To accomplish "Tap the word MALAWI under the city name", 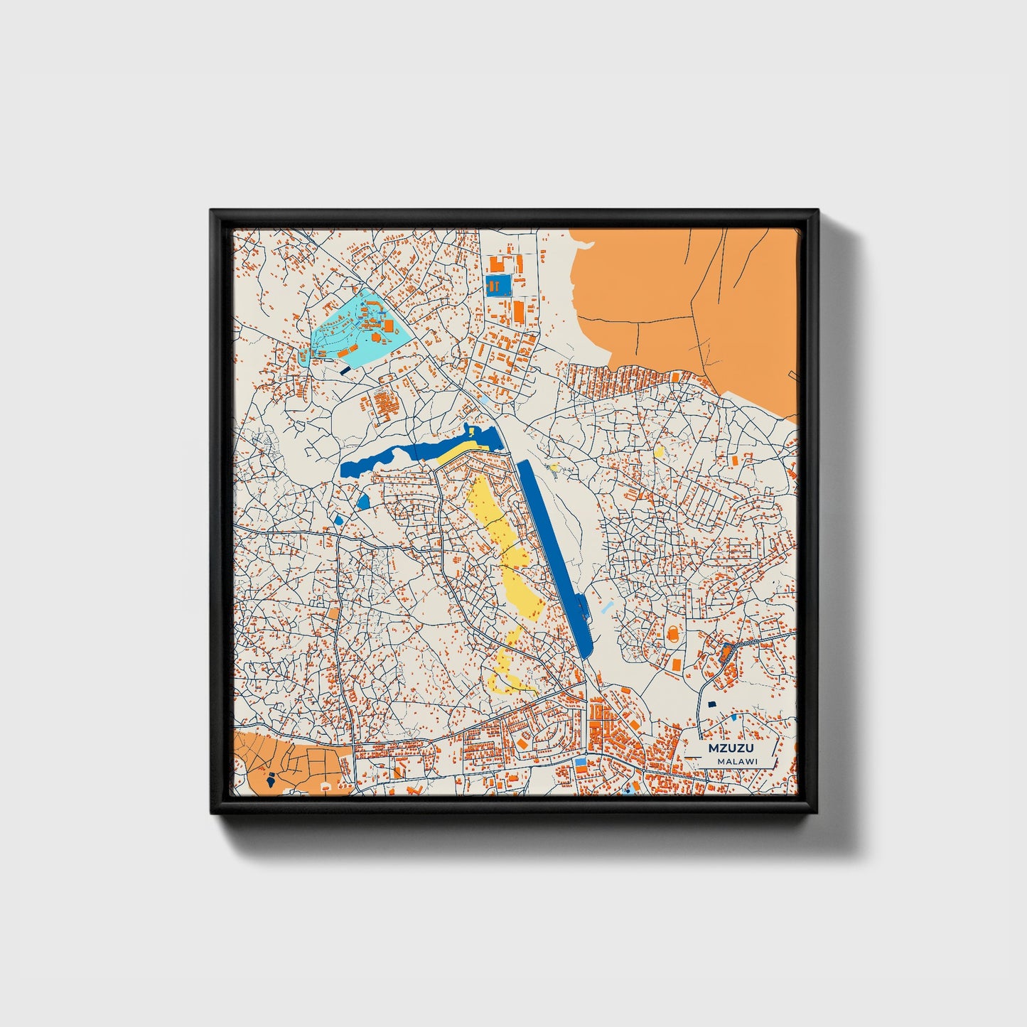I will click(737, 761).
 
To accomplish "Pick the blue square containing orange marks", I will click(498, 286).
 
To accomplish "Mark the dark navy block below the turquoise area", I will click(345, 370).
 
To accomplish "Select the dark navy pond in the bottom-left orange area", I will click(272, 778).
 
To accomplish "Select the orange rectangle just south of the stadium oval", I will click(675, 663).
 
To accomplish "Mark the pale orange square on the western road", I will click(334, 613).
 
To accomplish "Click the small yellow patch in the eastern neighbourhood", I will click(659, 451).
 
